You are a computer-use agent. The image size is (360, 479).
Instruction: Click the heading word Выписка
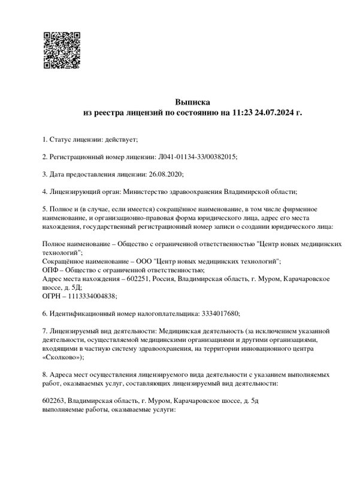pos(192,102)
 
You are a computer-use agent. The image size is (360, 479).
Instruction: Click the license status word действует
pos(122,140)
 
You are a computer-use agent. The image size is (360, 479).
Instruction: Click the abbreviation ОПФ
pos(52,270)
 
